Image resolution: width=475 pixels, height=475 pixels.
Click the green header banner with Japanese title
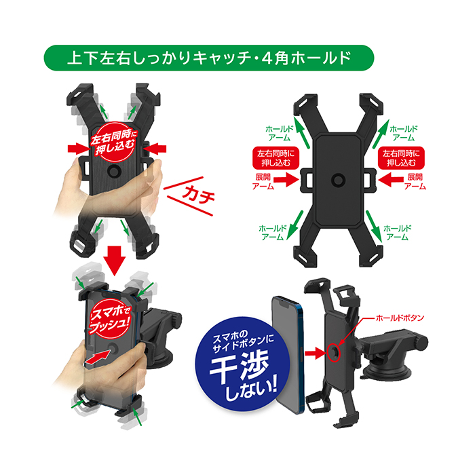pos(209,58)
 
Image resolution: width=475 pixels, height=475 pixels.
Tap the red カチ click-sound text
pos(198,195)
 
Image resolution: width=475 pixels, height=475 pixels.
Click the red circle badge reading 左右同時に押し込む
pos(113,143)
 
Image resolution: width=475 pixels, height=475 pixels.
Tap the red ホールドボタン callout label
pos(400,318)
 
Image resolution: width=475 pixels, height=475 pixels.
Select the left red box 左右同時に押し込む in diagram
pos(275,158)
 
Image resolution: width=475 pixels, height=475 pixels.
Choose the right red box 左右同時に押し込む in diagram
pos(401,158)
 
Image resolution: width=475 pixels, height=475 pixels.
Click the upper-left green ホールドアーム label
pos(280,133)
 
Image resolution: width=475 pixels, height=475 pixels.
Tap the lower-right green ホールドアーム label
pos(397,233)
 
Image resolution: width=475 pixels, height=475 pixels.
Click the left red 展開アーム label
pos(263,181)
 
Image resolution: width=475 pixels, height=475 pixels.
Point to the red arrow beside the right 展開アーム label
pos(390,180)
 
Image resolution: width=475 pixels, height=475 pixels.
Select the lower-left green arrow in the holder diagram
pos(296,226)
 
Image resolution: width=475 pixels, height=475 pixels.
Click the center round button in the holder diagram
pos(339,180)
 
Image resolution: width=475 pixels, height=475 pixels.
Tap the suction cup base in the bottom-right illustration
pos(387,370)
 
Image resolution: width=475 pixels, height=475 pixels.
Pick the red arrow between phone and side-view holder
pos(316,354)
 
